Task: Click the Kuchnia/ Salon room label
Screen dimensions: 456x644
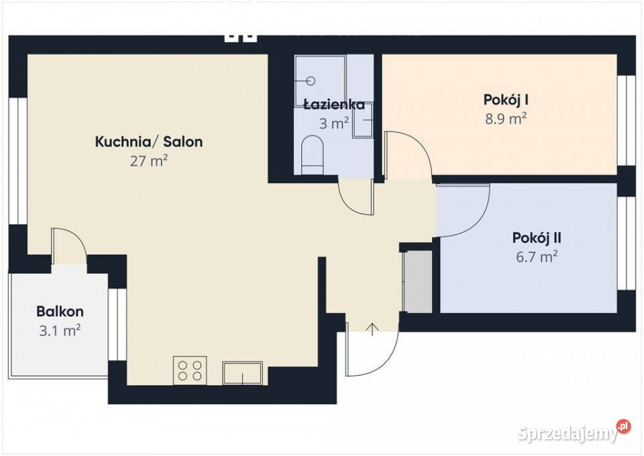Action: click(148, 142)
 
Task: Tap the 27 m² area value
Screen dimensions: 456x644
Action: click(148, 161)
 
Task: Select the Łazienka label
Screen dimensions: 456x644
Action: click(333, 105)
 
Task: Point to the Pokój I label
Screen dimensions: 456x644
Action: click(506, 100)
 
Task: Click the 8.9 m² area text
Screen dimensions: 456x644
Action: click(506, 119)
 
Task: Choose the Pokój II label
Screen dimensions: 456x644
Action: click(537, 238)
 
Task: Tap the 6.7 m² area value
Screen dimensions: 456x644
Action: click(537, 256)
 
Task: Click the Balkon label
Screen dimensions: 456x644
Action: click(60, 312)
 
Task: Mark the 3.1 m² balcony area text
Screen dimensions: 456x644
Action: click(60, 330)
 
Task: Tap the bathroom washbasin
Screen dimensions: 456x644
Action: click(363, 124)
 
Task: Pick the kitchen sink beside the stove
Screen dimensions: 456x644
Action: click(243, 372)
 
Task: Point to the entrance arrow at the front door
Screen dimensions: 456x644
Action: click(372, 329)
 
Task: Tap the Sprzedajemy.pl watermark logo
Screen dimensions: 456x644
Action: click(574, 433)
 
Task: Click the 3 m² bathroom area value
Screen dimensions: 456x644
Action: click(333, 123)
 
